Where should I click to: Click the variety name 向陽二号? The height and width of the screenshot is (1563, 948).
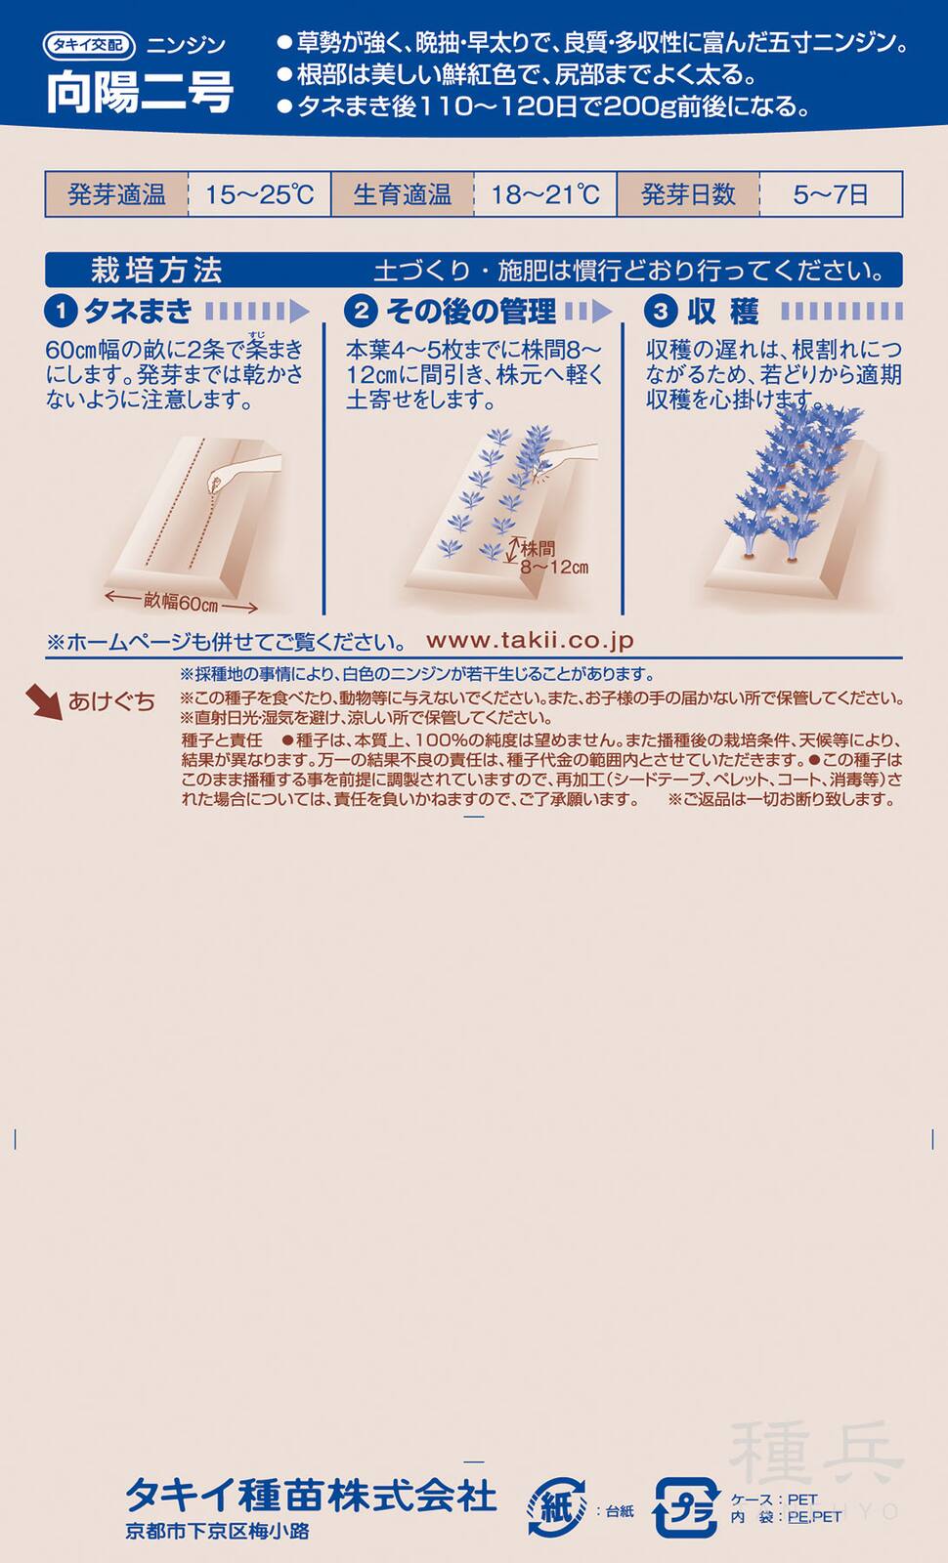pyautogui.click(x=139, y=93)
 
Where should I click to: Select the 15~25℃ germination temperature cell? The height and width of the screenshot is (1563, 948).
pyautogui.click(x=259, y=194)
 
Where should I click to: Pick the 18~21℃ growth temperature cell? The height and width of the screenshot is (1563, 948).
pyautogui.click(x=544, y=194)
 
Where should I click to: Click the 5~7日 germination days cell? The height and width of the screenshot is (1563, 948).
pyautogui.click(x=831, y=194)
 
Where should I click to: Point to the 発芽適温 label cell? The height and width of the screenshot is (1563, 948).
pyautogui.click(x=116, y=194)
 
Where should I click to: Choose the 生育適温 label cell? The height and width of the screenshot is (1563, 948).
pyautogui.click(x=402, y=194)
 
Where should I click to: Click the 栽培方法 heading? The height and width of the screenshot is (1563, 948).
pyautogui.click(x=156, y=271)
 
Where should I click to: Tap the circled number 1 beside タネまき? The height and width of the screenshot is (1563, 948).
pyautogui.click(x=61, y=312)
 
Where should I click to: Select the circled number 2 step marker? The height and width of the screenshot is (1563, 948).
pyautogui.click(x=361, y=312)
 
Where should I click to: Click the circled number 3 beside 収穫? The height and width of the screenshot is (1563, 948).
pyautogui.click(x=661, y=312)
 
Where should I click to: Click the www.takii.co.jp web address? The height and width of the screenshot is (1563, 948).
pyautogui.click(x=530, y=641)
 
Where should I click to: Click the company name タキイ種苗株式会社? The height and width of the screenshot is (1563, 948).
pyautogui.click(x=311, y=1495)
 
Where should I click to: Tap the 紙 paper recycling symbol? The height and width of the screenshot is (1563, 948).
pyautogui.click(x=556, y=1508)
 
